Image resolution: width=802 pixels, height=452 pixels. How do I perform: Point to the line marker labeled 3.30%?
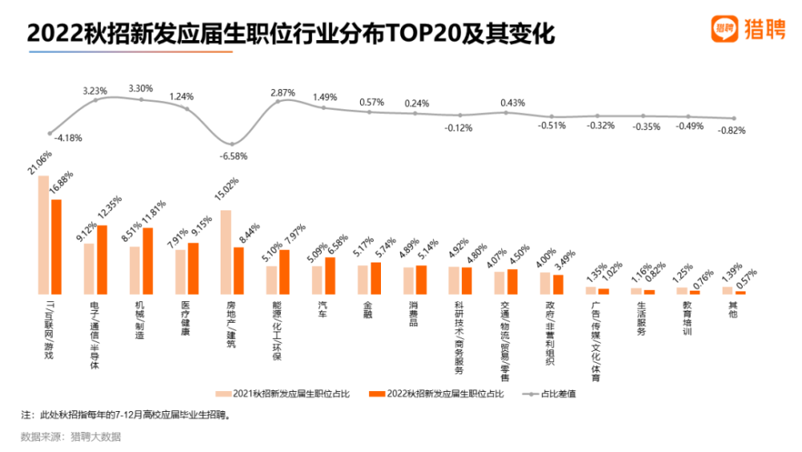pyautogui.click(x=141, y=100)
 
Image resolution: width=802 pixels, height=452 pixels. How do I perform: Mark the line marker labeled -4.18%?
pyautogui.click(x=50, y=133)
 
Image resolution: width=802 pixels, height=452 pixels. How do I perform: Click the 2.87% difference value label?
pyautogui.click(x=283, y=94)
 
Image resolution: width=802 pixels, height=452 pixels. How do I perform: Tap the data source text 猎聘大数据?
pyautogui.click(x=95, y=437)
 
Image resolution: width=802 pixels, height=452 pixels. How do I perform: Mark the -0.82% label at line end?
pyautogui.click(x=732, y=130)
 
